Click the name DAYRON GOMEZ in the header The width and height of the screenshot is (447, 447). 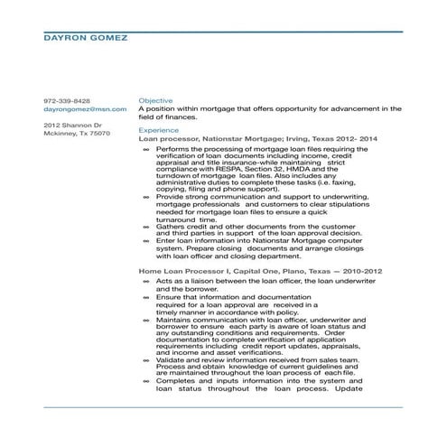tap(86, 38)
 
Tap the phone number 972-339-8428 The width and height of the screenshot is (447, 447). tap(67, 99)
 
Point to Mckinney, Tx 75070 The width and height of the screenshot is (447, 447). tap(77, 133)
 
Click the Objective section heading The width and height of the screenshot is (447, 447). tap(155, 100)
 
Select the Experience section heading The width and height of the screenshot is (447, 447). tap(159, 130)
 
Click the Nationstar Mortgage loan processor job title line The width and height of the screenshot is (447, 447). tap(258, 138)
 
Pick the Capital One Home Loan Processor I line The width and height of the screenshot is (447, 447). tap(260, 271)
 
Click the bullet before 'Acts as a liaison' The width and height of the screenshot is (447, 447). tap(147, 281)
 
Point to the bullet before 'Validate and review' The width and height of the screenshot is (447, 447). tap(147, 359)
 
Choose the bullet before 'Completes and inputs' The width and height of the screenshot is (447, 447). tap(147, 381)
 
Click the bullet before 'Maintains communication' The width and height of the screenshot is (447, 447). tap(147, 320)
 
